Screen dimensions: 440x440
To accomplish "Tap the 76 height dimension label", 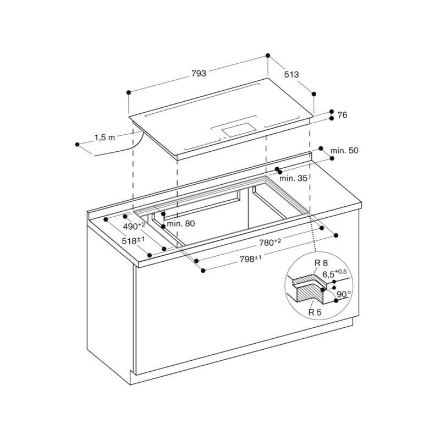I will (x=342, y=115).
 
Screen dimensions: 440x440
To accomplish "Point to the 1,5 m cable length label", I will (x=105, y=138).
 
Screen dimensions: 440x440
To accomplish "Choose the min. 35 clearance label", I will (x=293, y=178).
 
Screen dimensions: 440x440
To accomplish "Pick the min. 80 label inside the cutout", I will (x=182, y=223).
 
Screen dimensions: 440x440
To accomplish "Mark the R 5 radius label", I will (x=315, y=312).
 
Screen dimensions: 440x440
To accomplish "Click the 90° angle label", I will (x=344, y=294).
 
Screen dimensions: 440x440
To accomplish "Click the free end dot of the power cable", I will (x=78, y=145).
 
